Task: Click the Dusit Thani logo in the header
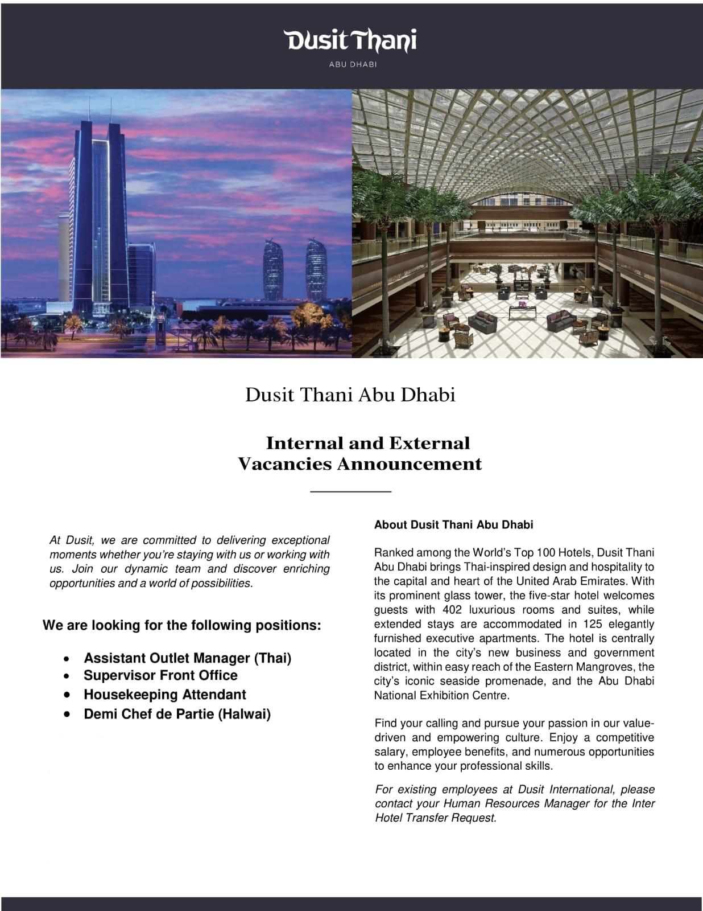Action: click(x=351, y=40)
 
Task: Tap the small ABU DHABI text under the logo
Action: click(x=353, y=64)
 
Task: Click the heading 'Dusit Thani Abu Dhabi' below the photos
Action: click(x=350, y=395)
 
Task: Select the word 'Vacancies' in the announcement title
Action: click(x=284, y=464)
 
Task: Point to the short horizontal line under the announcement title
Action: click(x=350, y=491)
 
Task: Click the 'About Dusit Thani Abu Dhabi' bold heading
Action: click(x=453, y=524)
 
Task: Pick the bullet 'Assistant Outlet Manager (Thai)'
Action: click(x=187, y=658)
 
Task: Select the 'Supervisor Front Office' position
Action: click(x=160, y=675)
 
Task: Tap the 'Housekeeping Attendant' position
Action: click(x=164, y=695)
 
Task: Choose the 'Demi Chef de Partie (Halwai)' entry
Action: click(x=177, y=714)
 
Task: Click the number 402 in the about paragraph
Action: click(x=452, y=610)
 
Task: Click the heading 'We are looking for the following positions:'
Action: click(x=182, y=625)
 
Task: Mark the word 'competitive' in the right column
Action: click(x=626, y=737)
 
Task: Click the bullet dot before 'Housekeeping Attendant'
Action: click(x=67, y=695)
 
